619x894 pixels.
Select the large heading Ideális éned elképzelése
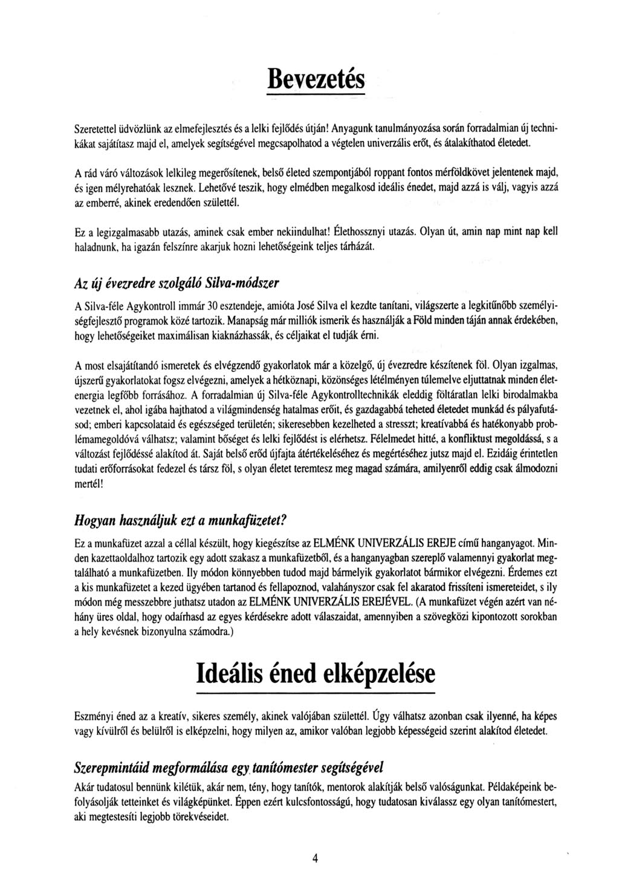pyautogui.click(x=315, y=674)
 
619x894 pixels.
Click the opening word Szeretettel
pyautogui.click(x=95, y=128)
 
